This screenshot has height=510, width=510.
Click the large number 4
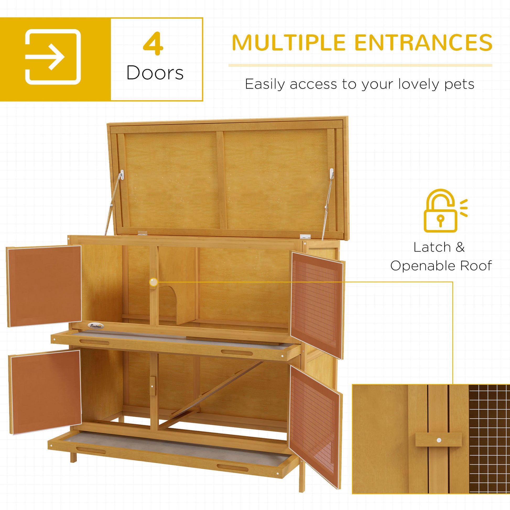click(x=153, y=44)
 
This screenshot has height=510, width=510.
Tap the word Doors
click(x=155, y=73)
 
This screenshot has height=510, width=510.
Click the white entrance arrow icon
click(x=53, y=57)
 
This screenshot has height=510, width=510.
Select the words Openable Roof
click(x=441, y=266)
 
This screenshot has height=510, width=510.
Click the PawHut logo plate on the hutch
click(x=96, y=326)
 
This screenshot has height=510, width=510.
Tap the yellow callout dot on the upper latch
click(x=153, y=282)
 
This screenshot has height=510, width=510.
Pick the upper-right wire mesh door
click(x=317, y=303)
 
